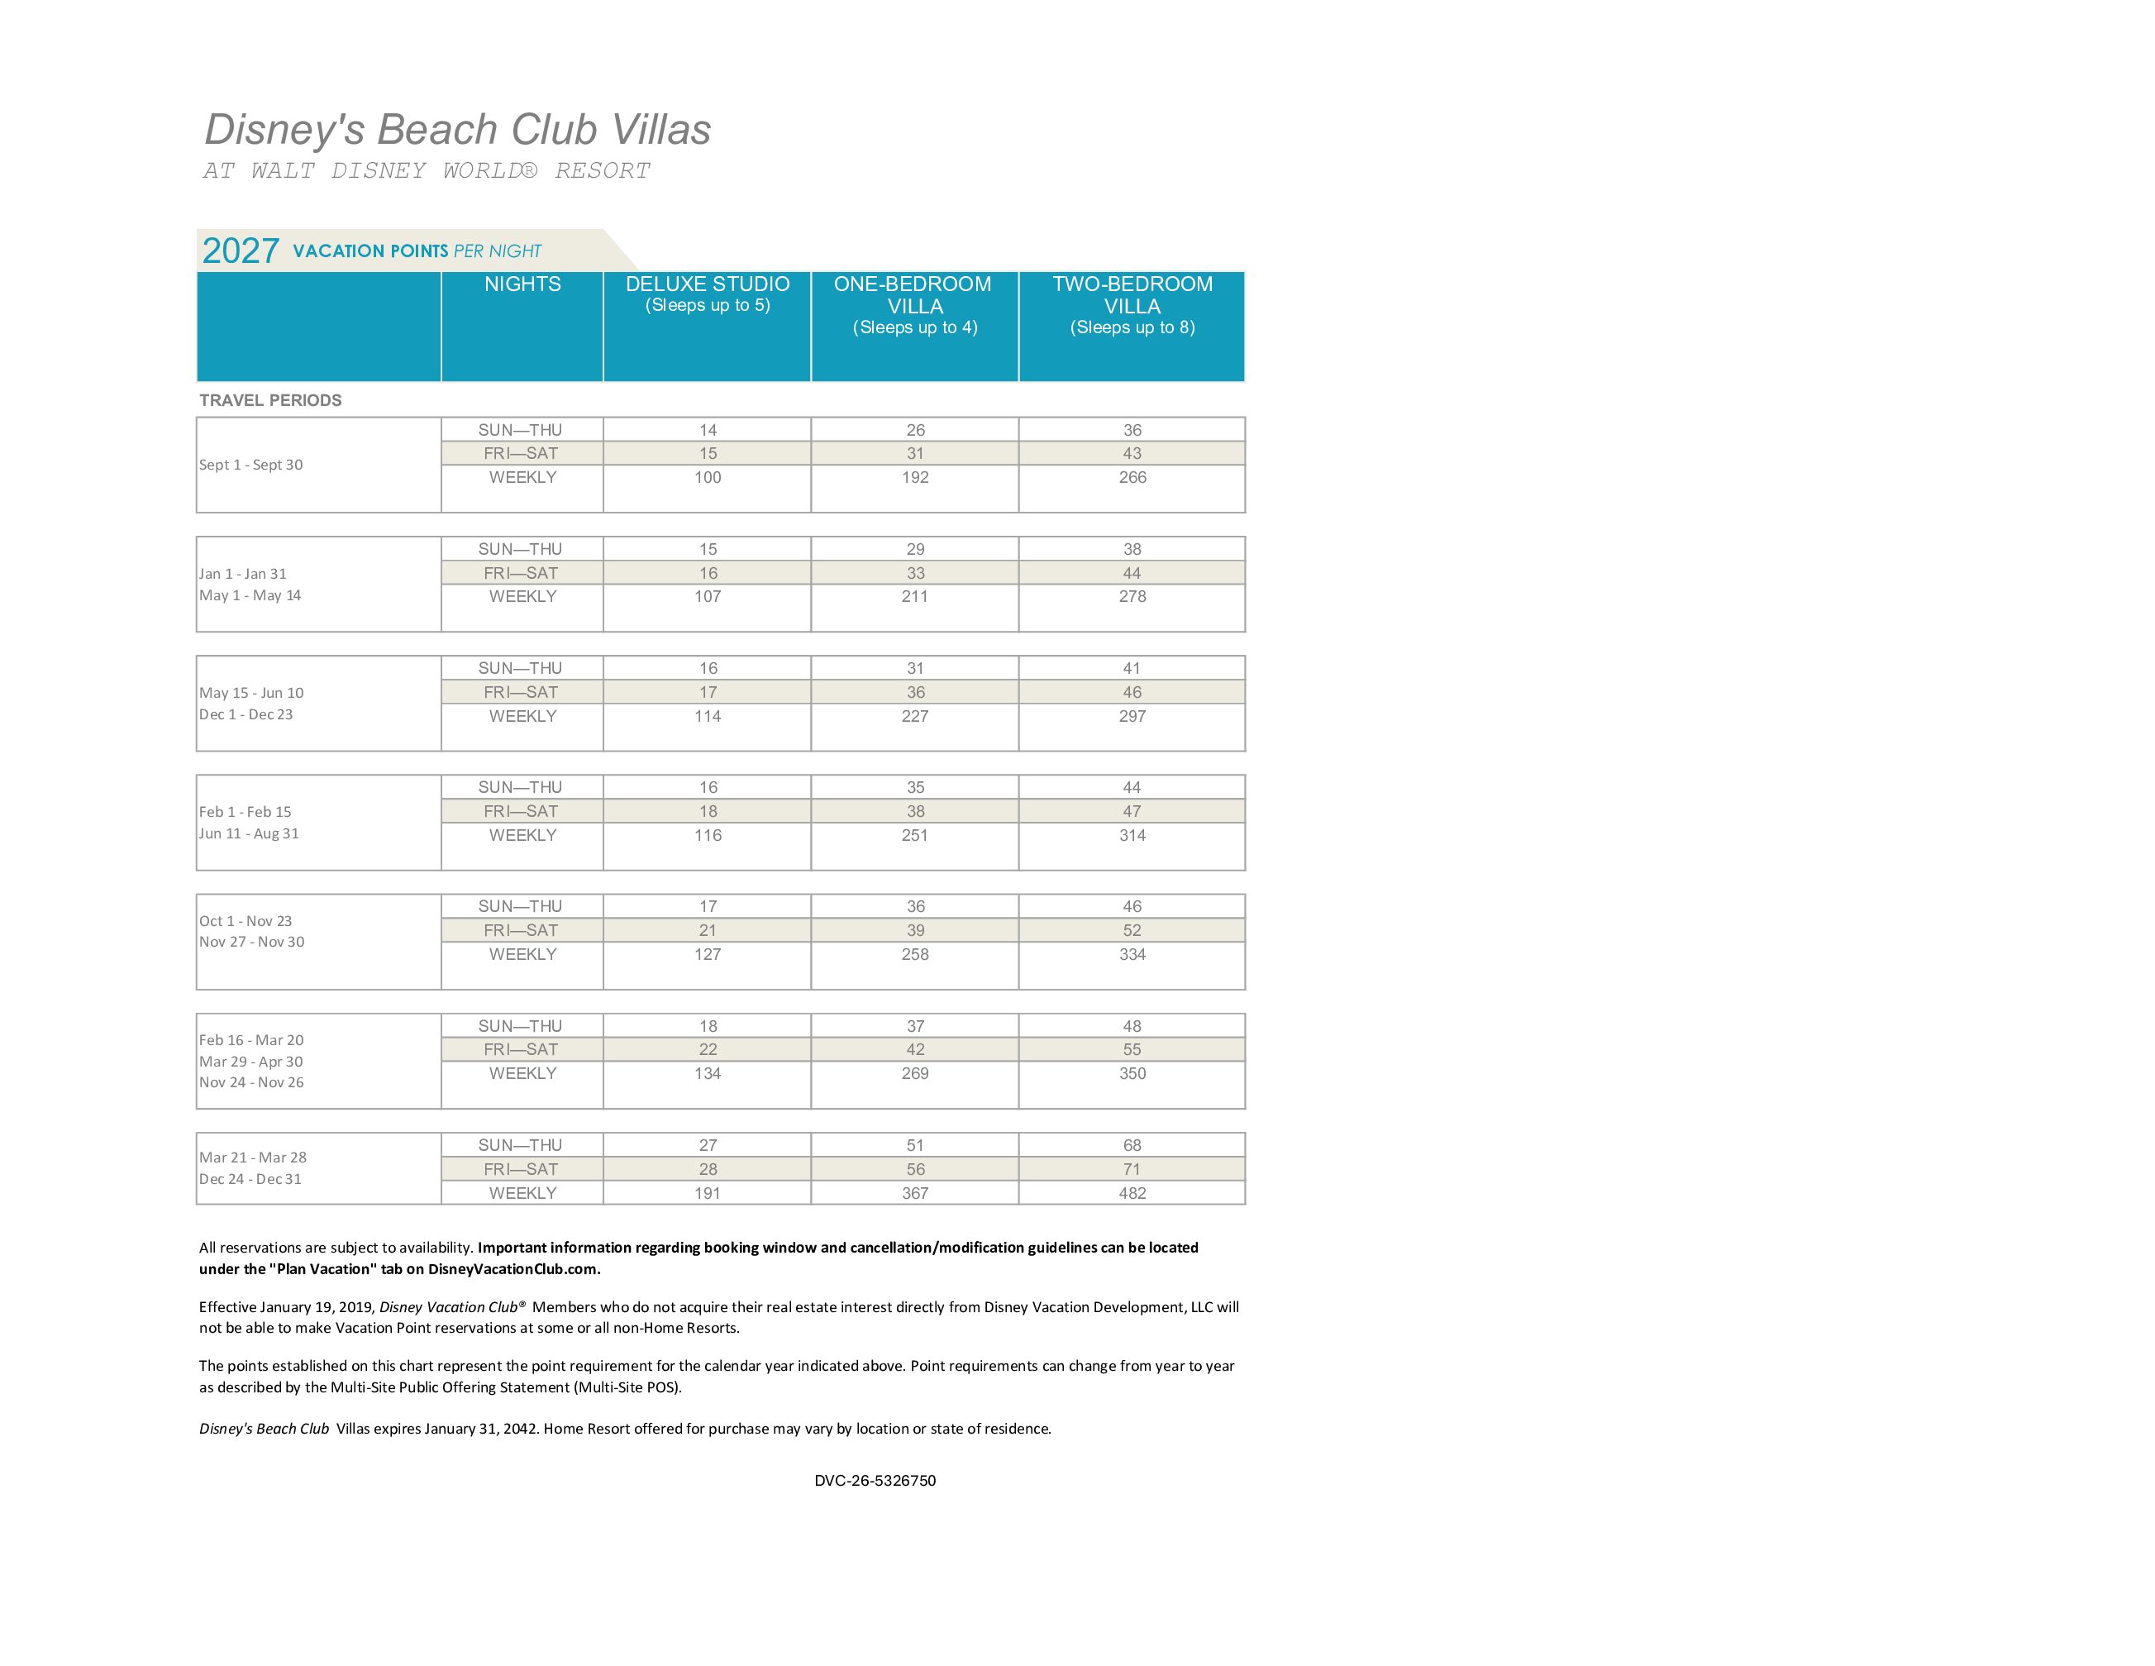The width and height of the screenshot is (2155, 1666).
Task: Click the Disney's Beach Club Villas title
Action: tap(457, 129)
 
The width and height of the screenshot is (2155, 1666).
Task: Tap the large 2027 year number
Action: tap(241, 251)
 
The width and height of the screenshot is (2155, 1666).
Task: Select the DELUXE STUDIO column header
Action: tap(708, 284)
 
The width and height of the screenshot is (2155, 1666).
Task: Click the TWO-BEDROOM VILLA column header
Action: tap(1132, 295)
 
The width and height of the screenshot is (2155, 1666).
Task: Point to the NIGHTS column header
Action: tap(522, 284)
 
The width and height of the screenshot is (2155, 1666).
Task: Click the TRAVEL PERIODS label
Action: tap(270, 399)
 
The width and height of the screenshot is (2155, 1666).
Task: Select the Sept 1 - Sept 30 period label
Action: tap(250, 465)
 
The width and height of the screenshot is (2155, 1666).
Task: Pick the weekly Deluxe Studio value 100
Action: tap(708, 478)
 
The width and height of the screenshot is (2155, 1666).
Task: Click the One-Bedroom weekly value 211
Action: tap(915, 596)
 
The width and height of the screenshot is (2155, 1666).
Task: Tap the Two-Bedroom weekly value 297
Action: tap(1132, 717)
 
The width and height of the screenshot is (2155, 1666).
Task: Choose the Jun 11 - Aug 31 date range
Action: tap(249, 833)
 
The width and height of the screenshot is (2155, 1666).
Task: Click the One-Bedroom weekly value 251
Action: tap(915, 835)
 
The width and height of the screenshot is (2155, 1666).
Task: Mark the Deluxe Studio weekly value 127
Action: tap(708, 954)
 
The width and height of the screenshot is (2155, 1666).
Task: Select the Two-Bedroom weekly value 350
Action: tap(1132, 1074)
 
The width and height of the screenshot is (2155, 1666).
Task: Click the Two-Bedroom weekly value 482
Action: tap(1132, 1193)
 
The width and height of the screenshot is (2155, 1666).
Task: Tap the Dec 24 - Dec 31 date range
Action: tap(250, 1179)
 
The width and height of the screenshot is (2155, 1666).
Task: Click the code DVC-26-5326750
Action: tap(875, 1481)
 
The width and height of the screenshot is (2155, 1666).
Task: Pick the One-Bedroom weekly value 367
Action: tap(915, 1193)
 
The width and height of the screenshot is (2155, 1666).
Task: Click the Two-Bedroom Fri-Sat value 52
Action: tap(1132, 931)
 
